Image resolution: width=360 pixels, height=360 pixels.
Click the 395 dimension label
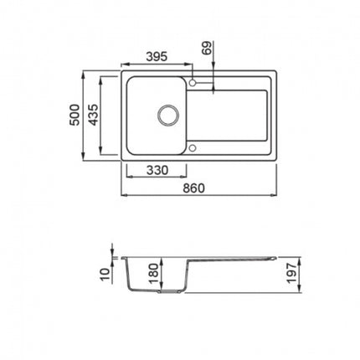tap(157, 57)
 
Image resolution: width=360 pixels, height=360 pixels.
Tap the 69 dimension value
tap(208, 48)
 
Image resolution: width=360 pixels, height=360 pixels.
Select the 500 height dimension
tap(75, 115)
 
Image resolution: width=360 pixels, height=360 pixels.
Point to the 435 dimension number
tap(94, 115)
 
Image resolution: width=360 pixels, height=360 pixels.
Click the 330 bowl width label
tap(157, 170)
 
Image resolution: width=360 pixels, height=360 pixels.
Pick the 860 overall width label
tap(193, 188)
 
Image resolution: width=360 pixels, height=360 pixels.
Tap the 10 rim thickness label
tap(105, 275)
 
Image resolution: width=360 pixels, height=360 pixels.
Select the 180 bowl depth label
tap(154, 274)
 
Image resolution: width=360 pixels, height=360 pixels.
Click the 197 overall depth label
tap(291, 273)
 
